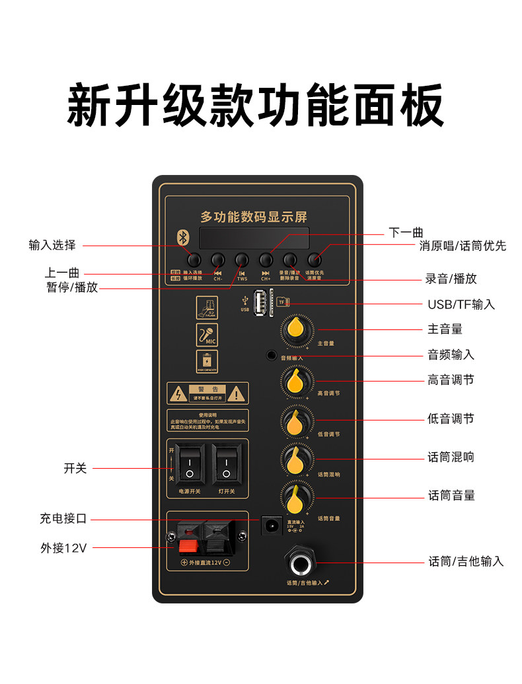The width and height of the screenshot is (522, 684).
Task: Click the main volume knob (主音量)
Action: coord(297,329)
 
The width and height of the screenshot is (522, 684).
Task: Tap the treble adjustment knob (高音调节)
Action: coord(297,380)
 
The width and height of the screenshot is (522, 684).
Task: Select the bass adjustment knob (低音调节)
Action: coord(297,420)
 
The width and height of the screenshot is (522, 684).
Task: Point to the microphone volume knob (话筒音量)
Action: coord(297,496)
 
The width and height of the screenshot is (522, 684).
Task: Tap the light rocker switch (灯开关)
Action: coord(225,465)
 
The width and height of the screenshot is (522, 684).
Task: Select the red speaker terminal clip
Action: coord(188,539)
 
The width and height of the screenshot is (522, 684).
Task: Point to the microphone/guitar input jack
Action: coord(301,563)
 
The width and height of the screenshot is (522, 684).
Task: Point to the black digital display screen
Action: coord(254,238)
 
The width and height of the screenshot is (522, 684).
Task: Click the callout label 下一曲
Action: coord(406,232)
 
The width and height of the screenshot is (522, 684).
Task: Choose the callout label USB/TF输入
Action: coord(461,304)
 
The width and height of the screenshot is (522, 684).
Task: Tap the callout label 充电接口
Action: coord(63,519)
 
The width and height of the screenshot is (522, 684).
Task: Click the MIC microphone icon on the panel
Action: coord(207,335)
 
